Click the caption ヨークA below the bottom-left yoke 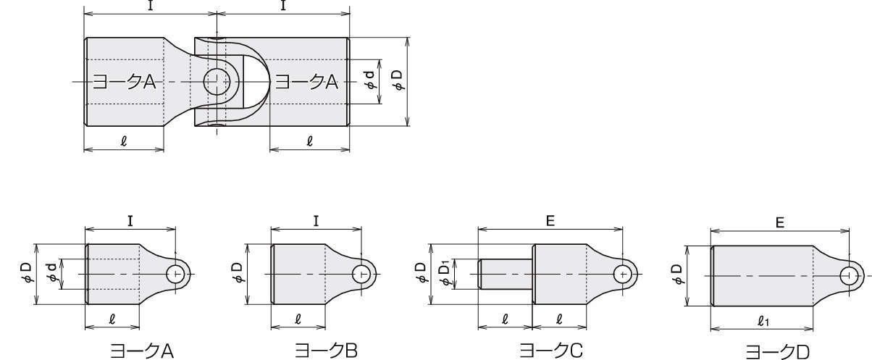(x=142, y=351)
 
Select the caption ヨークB (x=326, y=351)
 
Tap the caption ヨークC (x=551, y=351)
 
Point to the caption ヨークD (x=777, y=352)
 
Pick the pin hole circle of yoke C (x=623, y=274)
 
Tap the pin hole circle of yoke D (x=850, y=276)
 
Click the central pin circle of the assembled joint (x=217, y=82)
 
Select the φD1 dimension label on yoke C (x=445, y=275)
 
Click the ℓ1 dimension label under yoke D (x=764, y=321)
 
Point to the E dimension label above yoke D (x=780, y=222)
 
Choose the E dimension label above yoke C (x=550, y=221)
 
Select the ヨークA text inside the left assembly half (x=124, y=82)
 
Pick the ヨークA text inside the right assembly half (x=307, y=82)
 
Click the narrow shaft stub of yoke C (x=506, y=275)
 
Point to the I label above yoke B (x=316, y=221)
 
